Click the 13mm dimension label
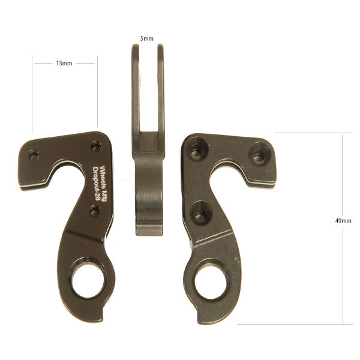click(64, 63)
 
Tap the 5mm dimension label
click(147, 38)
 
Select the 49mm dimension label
click(343, 221)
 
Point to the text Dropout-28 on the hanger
click(95, 184)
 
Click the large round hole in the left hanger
click(89, 281)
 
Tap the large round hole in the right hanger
click(211, 282)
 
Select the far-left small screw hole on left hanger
click(34, 155)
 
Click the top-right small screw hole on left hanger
click(97, 147)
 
